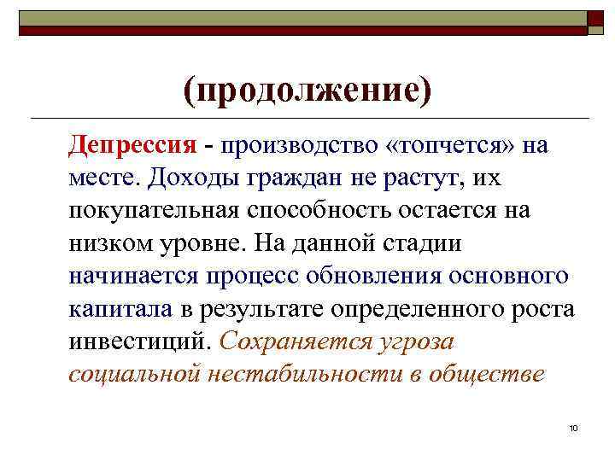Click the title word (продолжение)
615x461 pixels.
(305, 88)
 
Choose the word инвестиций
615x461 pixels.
(140, 340)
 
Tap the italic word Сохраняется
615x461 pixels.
(296, 340)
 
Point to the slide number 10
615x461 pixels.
(572, 426)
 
